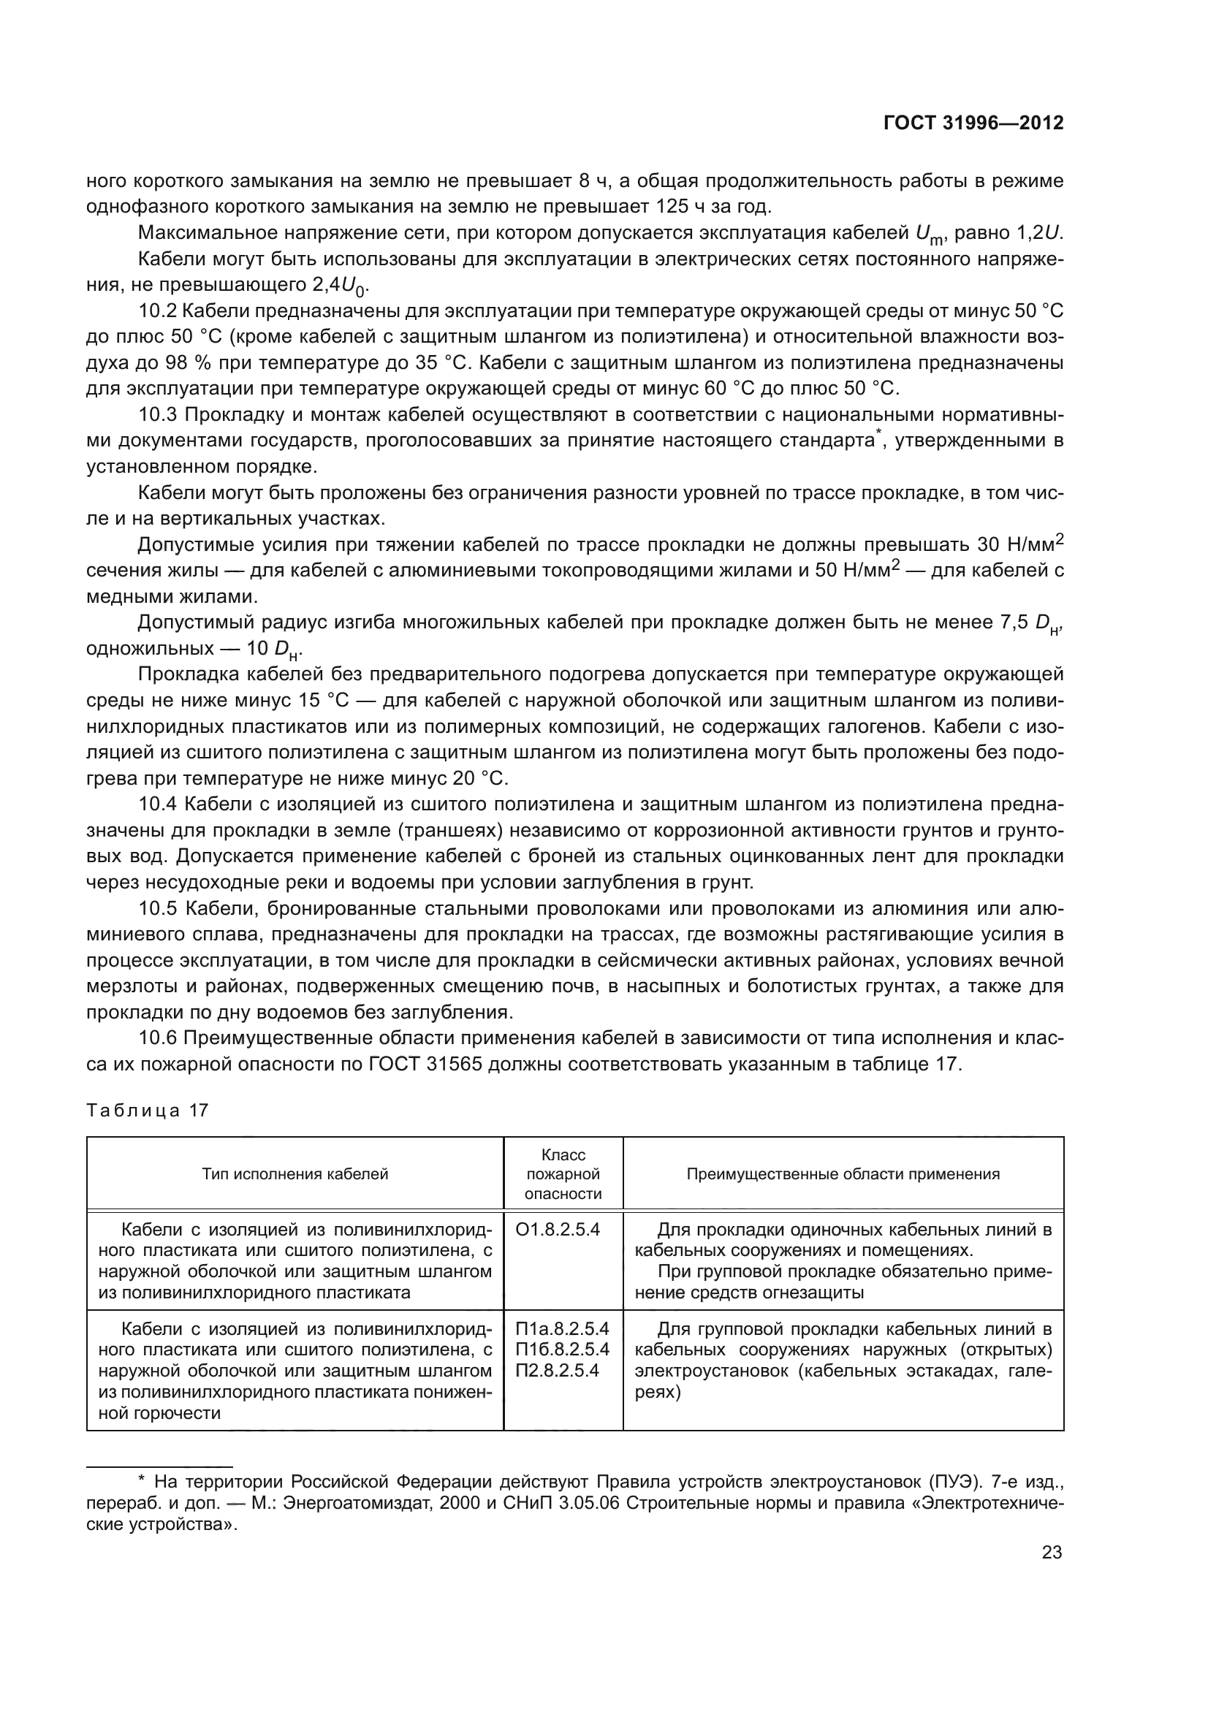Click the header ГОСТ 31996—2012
[x=973, y=123]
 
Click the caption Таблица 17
[x=148, y=1111]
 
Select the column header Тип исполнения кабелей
[x=295, y=1175]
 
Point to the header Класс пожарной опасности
[x=563, y=1175]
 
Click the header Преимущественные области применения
[x=843, y=1175]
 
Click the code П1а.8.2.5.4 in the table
[x=562, y=1328]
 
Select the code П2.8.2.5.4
[x=557, y=1370]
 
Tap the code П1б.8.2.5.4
[x=562, y=1350]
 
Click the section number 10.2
[x=157, y=311]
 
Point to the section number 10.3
[x=157, y=414]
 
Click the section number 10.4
[x=157, y=804]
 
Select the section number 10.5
[x=157, y=909]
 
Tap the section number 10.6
[x=157, y=1038]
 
